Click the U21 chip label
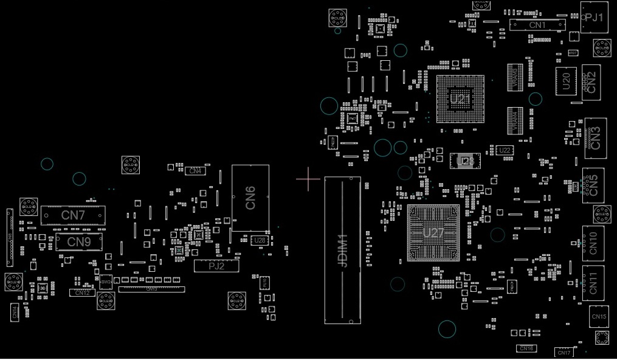click(460, 99)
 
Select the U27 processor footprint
click(433, 233)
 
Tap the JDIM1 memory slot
click(342, 250)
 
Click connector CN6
click(250, 198)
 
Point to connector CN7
click(73, 215)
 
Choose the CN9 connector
click(78, 242)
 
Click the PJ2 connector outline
click(216, 266)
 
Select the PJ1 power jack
click(594, 18)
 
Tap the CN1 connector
click(537, 25)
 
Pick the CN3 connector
click(595, 134)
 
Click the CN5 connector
click(593, 184)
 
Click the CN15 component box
click(599, 317)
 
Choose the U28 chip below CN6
click(260, 240)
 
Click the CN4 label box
click(195, 171)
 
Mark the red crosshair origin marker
click(308, 179)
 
